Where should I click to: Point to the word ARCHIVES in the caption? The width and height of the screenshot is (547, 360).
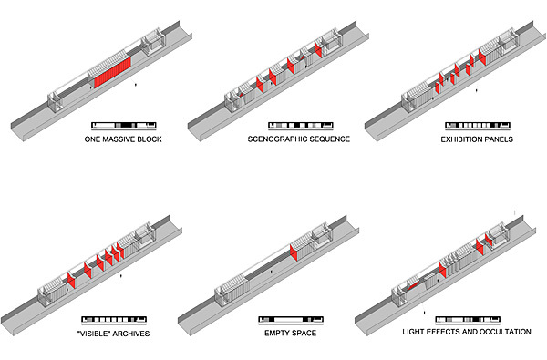coord(130,334)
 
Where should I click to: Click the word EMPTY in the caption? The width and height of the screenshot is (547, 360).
coord(275,333)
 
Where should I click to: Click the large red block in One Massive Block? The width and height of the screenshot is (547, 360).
coord(113,72)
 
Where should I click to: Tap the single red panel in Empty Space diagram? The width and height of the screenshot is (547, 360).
coord(294,252)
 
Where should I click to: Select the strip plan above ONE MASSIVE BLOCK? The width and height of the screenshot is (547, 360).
coord(123,125)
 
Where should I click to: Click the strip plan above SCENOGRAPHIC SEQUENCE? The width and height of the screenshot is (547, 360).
coord(301,125)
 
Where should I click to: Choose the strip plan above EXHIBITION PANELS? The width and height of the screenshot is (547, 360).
coord(478,125)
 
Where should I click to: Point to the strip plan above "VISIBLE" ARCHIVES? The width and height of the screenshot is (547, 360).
coord(114,319)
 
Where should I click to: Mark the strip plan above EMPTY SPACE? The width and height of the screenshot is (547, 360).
coord(291,319)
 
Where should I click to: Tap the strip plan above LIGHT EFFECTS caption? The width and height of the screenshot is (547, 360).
coord(468,319)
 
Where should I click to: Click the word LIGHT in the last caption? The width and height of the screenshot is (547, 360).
coord(412,332)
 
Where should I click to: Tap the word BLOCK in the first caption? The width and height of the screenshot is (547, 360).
coord(150,139)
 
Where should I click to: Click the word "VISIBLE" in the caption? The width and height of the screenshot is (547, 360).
coord(94,334)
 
